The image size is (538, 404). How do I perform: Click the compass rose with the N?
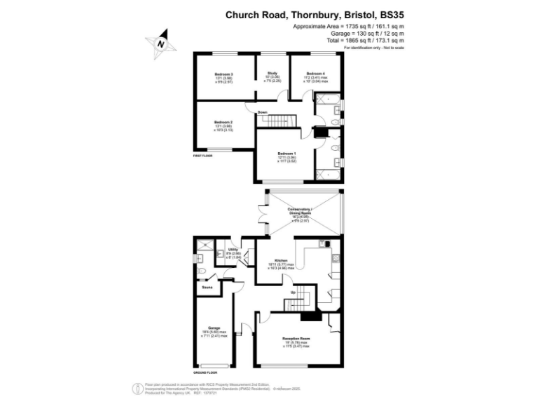pos(160,42)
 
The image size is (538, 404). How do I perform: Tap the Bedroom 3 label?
pos(223,74)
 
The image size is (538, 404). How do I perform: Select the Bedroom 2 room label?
pos(223,122)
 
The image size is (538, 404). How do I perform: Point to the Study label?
pos(272,72)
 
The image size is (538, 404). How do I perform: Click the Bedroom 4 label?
pos(315,74)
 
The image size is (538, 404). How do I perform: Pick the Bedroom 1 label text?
pos(287,153)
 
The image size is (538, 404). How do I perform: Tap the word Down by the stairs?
pos(262,112)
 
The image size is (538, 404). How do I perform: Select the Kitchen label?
pos(281,259)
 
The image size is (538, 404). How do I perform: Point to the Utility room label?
pos(233,249)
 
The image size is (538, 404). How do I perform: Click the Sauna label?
pos(207,288)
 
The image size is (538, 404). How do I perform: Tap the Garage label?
pos(214,328)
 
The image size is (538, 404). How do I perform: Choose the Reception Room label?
pos(296,338)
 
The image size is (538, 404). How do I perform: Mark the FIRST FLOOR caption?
pos(203,156)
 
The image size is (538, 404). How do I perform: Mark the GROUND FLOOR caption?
pos(205,372)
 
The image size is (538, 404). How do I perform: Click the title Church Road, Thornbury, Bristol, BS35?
pos(315,13)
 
